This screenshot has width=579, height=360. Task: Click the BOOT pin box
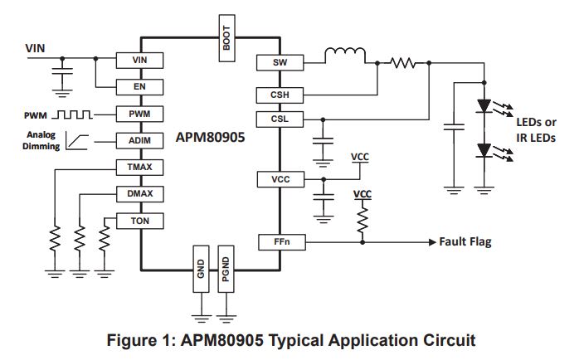(226, 38)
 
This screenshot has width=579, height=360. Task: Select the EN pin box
(139, 87)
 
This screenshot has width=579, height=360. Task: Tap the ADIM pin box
(139, 141)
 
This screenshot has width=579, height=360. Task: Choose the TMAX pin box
(139, 168)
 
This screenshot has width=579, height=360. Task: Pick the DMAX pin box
(140, 194)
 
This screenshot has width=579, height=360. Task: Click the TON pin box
(140, 221)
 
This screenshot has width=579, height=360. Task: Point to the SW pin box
(280, 63)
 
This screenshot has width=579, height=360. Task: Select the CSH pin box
(280, 95)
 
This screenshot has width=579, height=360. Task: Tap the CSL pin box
(280, 119)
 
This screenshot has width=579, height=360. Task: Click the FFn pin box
(282, 242)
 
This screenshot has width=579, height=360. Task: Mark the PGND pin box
(226, 269)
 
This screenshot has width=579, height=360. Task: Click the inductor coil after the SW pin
(345, 56)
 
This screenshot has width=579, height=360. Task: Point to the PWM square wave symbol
(72, 114)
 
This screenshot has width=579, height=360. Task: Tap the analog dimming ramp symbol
(77, 142)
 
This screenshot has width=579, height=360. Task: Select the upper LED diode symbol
(484, 106)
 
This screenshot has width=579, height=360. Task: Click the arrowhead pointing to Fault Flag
(432, 242)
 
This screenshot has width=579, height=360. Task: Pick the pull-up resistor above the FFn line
(362, 220)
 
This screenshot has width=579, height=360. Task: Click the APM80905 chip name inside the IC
(210, 138)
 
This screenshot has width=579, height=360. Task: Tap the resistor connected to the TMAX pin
(55, 239)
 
